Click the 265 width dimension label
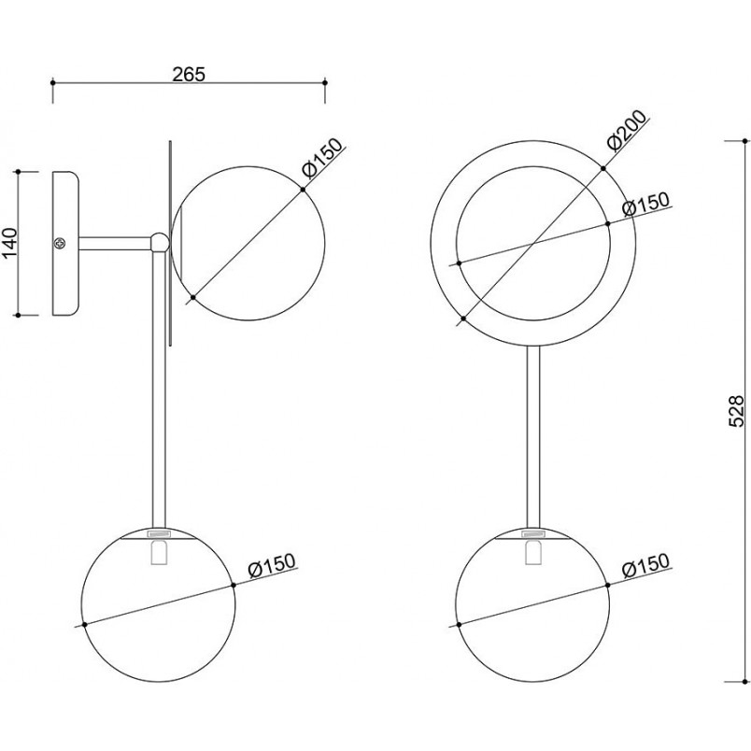click(x=189, y=74)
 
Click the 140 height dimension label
click(x=10, y=242)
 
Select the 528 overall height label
click(x=736, y=410)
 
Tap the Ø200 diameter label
click(x=627, y=130)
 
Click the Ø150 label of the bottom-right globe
click(x=645, y=565)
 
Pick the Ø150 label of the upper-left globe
click(x=323, y=158)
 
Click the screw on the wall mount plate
click(x=61, y=243)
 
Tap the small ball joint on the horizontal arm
click(x=160, y=242)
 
